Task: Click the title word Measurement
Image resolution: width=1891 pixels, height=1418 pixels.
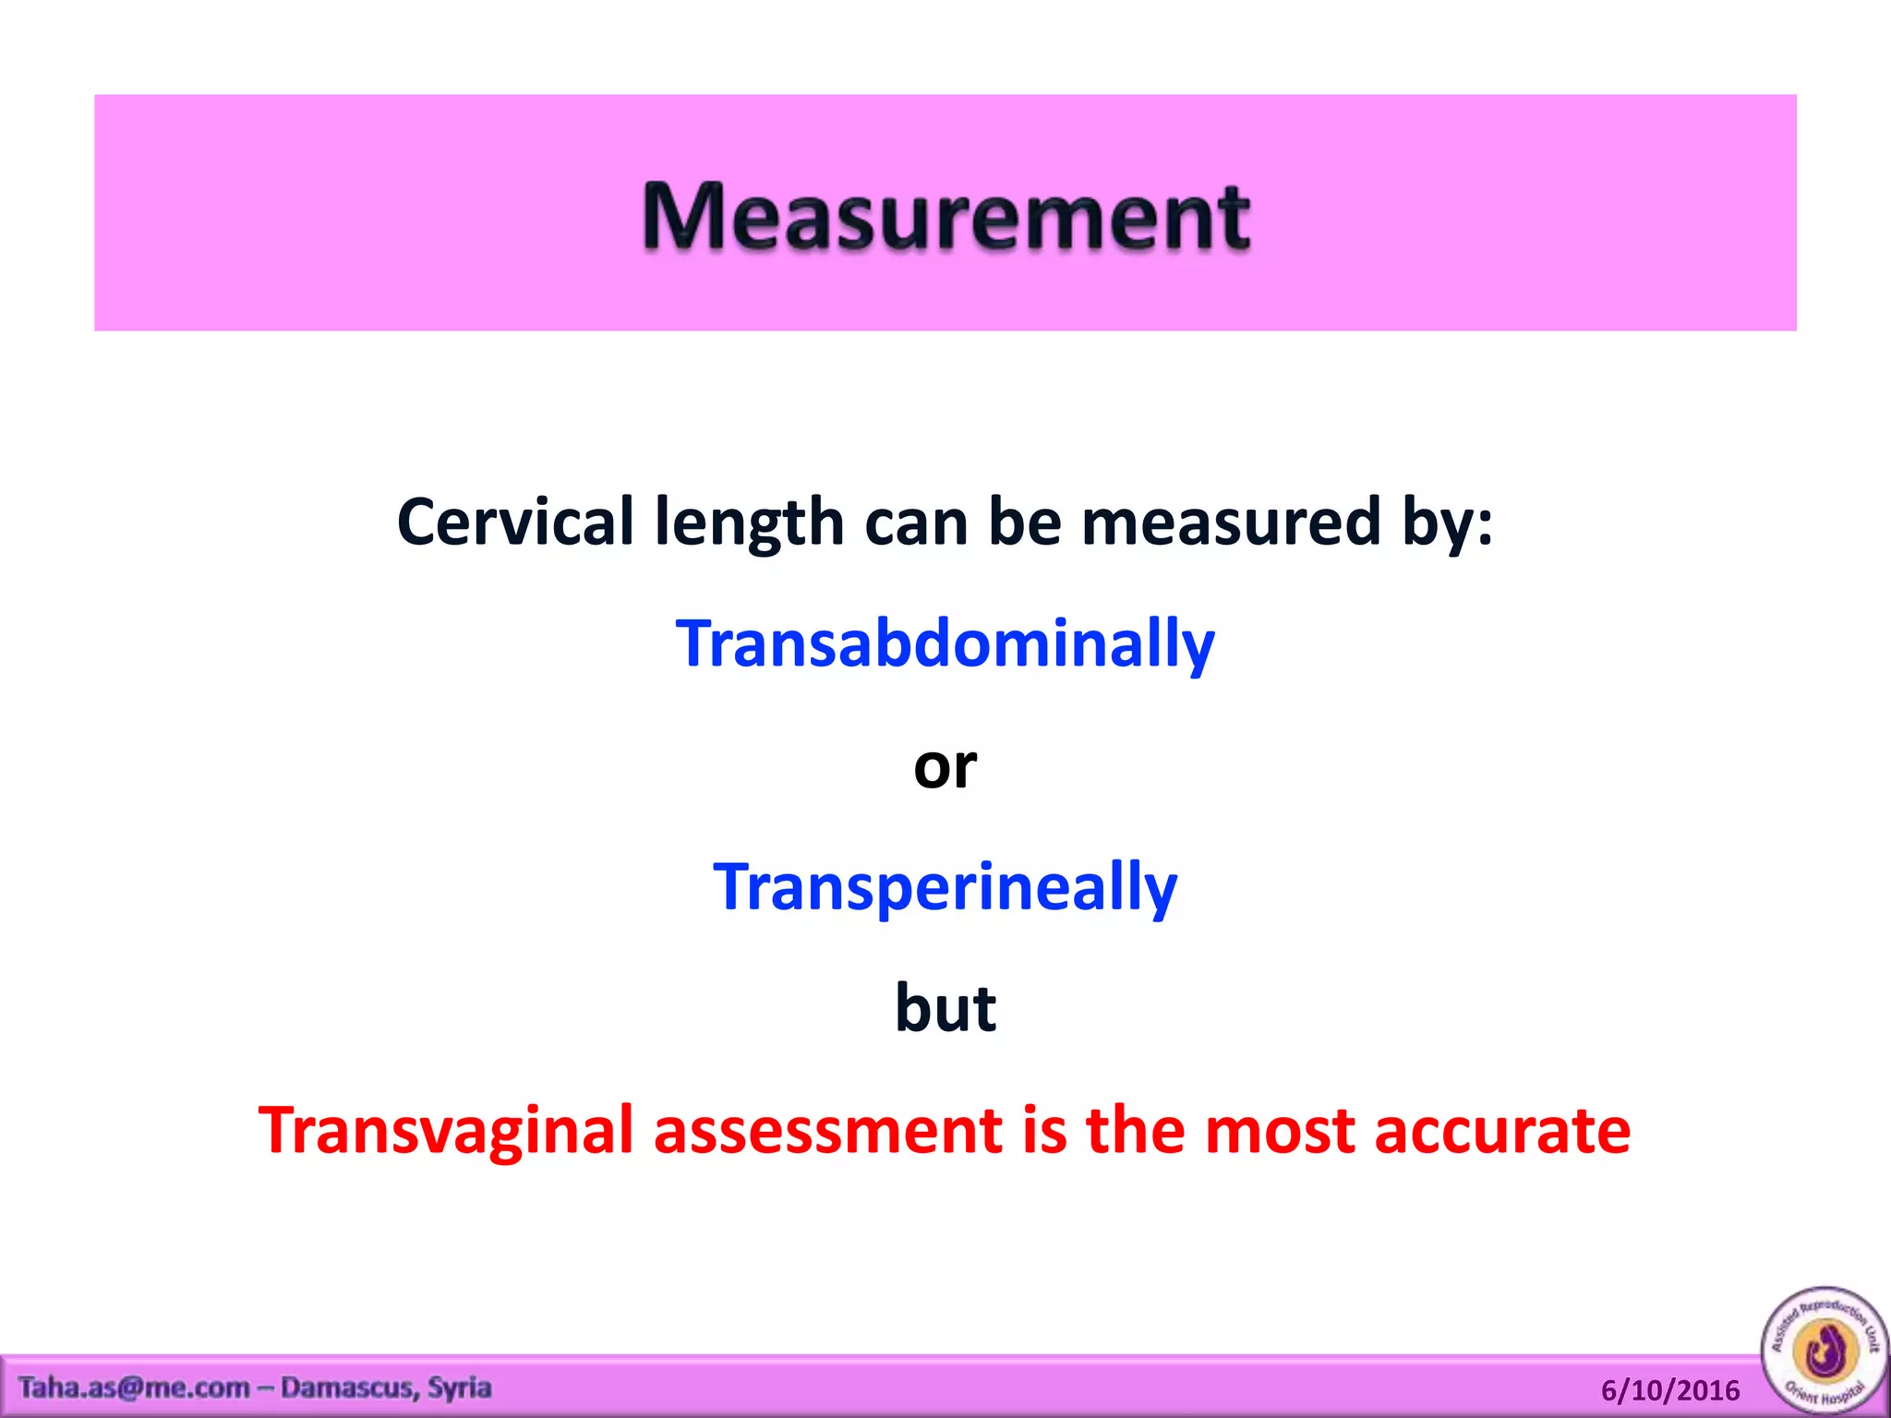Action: click(x=945, y=217)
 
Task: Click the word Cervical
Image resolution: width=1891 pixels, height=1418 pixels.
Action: click(x=515, y=523)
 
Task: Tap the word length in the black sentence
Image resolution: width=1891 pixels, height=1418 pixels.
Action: click(x=749, y=523)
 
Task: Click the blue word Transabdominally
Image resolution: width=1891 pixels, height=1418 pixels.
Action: click(x=945, y=643)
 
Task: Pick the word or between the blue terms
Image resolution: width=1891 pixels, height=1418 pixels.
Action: click(x=945, y=766)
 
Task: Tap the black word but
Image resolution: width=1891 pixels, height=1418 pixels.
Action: click(x=945, y=1008)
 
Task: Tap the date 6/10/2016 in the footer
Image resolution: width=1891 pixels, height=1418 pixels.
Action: click(x=1669, y=1390)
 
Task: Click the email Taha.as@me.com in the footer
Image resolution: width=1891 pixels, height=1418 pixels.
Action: click(x=134, y=1388)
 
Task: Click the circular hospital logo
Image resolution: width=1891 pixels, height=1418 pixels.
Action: click(x=1825, y=1350)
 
